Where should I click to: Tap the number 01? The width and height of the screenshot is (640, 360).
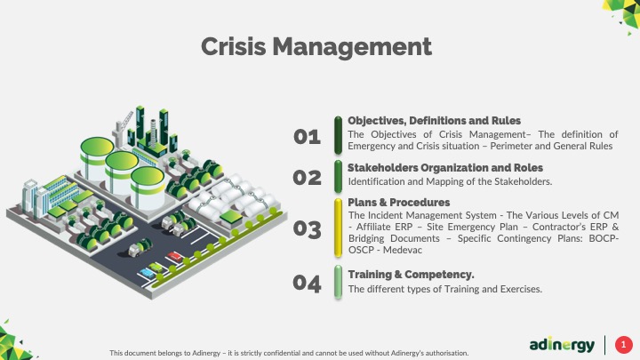(307, 137)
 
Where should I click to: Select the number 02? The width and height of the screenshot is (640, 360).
(307, 178)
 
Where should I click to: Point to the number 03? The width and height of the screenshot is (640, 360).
(307, 229)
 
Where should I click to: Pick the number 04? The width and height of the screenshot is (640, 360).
(307, 284)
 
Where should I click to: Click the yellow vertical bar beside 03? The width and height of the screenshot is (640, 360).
(338, 228)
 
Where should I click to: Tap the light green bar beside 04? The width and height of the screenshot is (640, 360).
(338, 282)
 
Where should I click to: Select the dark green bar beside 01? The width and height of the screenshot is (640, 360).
(338, 135)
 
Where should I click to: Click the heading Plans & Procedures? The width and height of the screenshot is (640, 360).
(399, 203)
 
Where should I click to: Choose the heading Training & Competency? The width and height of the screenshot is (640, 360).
(411, 275)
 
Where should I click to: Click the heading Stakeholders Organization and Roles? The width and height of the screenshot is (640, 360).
(445, 168)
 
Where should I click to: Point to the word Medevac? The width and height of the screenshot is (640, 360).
(403, 250)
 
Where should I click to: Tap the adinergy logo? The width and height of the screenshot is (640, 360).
(562, 345)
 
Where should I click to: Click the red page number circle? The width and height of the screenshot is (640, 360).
(624, 345)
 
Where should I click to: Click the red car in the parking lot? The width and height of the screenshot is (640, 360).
(175, 257)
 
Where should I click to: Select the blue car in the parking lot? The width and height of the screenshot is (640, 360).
(147, 273)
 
